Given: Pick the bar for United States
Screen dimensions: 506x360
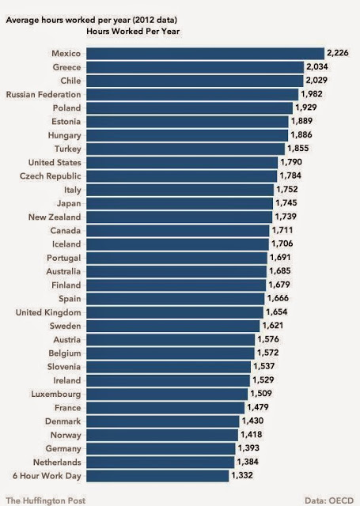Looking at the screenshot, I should coord(181,162).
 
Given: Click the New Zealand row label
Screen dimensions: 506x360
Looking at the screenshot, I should coord(55,217).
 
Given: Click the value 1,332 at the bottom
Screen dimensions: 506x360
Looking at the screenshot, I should coord(243,475).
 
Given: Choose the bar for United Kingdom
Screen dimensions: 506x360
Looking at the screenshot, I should coord(174,312).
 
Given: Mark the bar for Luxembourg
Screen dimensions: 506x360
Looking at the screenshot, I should coord(167,394).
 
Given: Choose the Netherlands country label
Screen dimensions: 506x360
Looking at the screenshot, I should coord(55,462).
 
